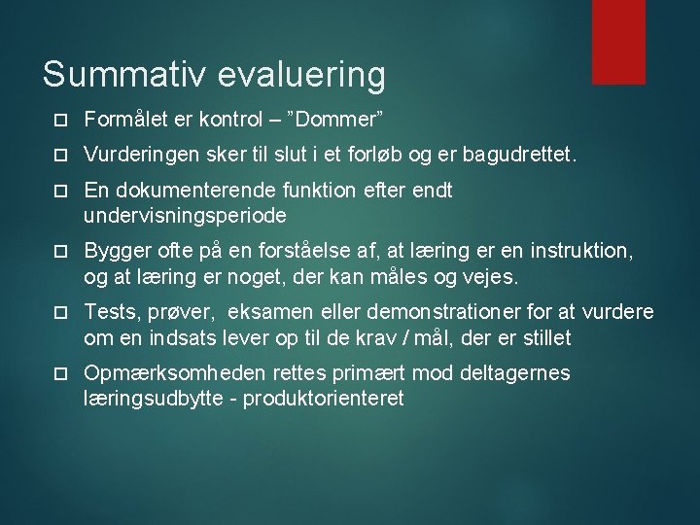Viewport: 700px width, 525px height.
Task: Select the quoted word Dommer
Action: pos(341,119)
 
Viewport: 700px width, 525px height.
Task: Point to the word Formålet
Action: pos(125,119)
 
